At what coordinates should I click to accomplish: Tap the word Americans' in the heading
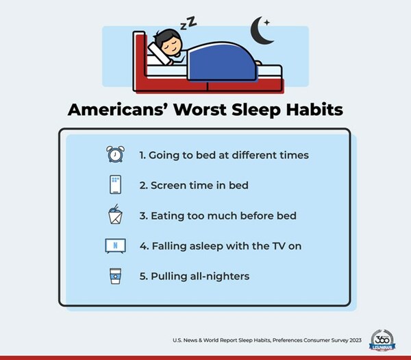pos(114,111)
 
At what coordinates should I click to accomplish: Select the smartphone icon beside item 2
pos(114,185)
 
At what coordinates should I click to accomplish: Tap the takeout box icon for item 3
pos(114,215)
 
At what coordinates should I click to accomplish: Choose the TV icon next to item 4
pos(114,246)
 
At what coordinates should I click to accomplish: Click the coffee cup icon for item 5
pos(114,276)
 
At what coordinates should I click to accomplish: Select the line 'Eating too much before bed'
pos(218,215)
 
